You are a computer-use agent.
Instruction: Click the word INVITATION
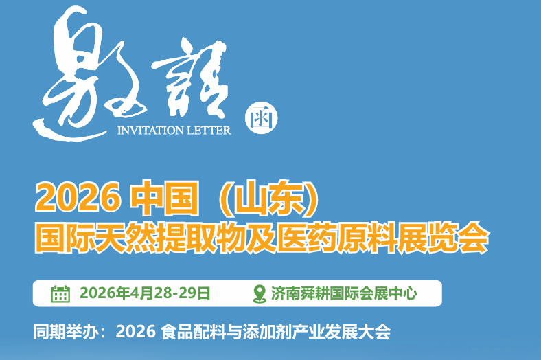pos(148,130)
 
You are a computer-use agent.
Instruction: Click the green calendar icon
pos(60,293)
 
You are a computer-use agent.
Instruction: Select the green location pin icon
pos(259,293)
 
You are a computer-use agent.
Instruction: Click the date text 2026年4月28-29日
pos(145,293)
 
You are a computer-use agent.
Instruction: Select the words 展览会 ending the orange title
pos(454,238)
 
